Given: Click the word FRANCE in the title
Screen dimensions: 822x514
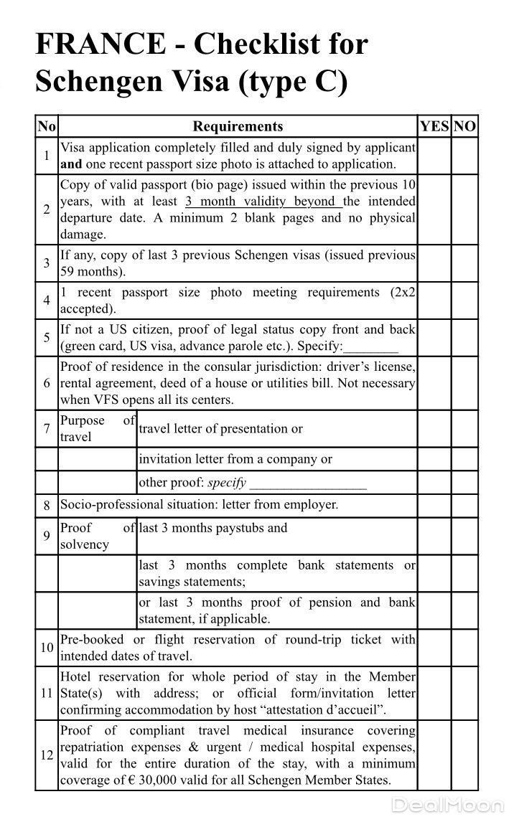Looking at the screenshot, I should tap(100, 45).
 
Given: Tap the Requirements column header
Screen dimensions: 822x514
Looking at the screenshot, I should tap(238, 127).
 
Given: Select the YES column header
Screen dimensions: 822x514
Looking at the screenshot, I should tap(434, 127).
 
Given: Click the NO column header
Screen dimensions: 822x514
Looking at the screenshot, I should tap(465, 127).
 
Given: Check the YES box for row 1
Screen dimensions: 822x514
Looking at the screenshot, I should tap(434, 156).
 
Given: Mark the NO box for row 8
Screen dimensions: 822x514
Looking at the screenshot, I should tap(465, 505).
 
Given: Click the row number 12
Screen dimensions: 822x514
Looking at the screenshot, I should tap(47, 755).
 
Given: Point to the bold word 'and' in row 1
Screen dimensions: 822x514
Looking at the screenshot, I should tap(71, 164).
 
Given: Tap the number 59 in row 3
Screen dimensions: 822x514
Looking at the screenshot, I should tap(68, 272).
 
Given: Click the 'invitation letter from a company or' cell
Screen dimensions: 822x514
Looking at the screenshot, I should tap(235, 459).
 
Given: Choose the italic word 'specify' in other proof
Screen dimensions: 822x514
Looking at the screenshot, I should tap(227, 483).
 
